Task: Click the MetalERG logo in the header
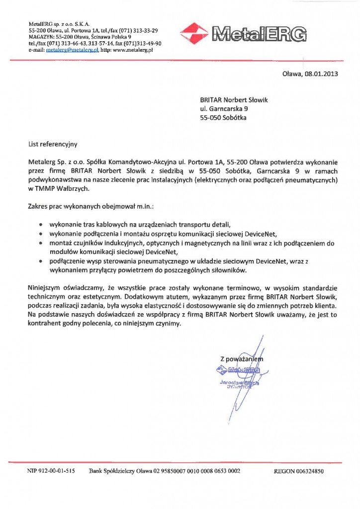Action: point(243,33)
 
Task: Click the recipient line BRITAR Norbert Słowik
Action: point(234,100)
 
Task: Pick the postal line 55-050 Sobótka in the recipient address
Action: point(223,118)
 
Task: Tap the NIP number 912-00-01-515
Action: point(56,471)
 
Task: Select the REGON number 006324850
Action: point(313,471)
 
